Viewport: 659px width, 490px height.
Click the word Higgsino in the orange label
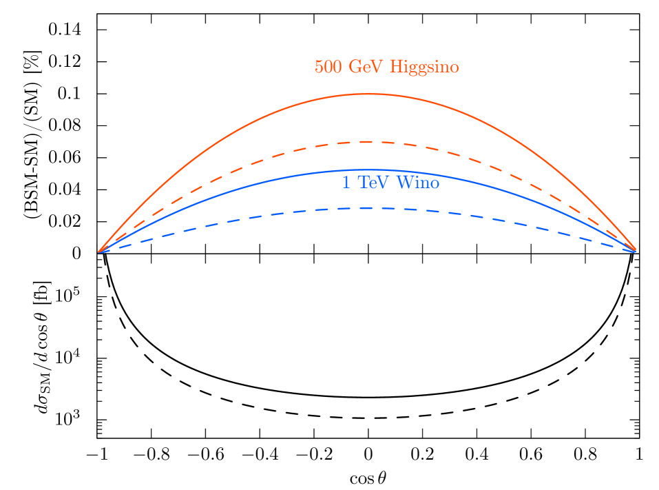[424, 68]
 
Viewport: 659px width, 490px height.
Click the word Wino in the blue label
[417, 183]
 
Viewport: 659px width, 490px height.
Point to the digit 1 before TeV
[346, 183]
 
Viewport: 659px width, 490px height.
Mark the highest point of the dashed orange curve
[366, 141]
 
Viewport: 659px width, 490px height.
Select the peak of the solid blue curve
[365, 170]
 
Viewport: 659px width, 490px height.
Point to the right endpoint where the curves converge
[634, 251]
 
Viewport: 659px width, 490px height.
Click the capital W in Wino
[402, 183]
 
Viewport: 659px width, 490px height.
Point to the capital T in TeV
[363, 183]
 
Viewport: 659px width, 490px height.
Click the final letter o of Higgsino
[454, 68]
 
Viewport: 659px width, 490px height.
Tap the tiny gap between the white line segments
[151, 23]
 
